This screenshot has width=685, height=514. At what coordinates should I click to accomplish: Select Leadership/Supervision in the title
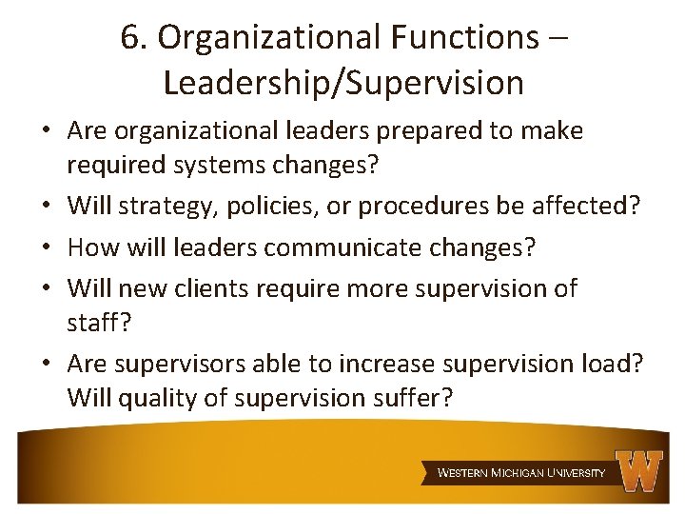[x=343, y=83]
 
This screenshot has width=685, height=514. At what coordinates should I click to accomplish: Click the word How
[x=91, y=247]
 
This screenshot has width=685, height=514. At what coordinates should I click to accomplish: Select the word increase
[x=386, y=364]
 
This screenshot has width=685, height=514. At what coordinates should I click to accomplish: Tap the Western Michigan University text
[x=520, y=473]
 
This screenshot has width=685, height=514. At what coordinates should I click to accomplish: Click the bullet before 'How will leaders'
[x=47, y=248]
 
